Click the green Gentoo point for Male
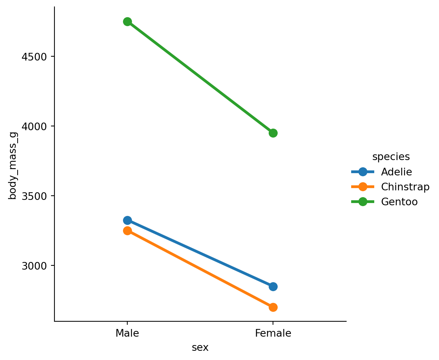pyautogui.click(x=127, y=21)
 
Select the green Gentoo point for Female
pyautogui.click(x=273, y=133)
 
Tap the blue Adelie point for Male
pyautogui.click(x=127, y=220)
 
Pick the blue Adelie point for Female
pyautogui.click(x=273, y=286)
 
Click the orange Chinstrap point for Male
pyautogui.click(x=127, y=231)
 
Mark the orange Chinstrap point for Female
pyautogui.click(x=273, y=307)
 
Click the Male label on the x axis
pyautogui.click(x=127, y=333)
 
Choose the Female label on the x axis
pyautogui.click(x=273, y=333)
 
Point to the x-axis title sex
pyautogui.click(x=200, y=347)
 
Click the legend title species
pyautogui.click(x=391, y=157)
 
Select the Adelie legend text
pyautogui.click(x=396, y=172)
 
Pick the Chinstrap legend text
pyautogui.click(x=405, y=187)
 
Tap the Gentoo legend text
pyautogui.click(x=399, y=202)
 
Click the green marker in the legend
pyautogui.click(x=363, y=202)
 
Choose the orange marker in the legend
pyautogui.click(x=363, y=187)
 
